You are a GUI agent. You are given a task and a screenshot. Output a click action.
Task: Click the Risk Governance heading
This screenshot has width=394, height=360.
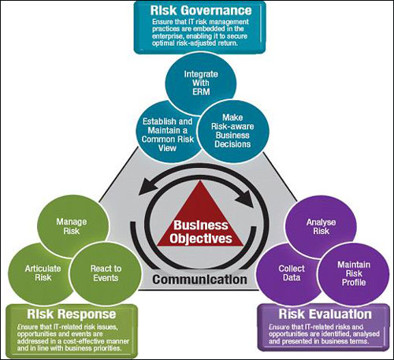click(x=201, y=10)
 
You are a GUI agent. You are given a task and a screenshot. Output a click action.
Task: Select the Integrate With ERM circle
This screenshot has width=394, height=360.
click(x=201, y=84)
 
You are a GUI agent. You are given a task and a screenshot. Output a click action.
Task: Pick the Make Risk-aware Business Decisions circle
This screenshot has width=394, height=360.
click(x=233, y=131)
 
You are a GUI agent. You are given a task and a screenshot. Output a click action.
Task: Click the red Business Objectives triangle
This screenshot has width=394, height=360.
click(x=201, y=219)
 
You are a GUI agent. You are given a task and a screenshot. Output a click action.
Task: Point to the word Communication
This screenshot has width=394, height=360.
click(x=200, y=280)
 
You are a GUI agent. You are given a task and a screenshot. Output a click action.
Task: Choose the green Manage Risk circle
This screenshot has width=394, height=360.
click(x=72, y=226)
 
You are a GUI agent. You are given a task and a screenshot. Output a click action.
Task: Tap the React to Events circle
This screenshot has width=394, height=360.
click(x=106, y=273)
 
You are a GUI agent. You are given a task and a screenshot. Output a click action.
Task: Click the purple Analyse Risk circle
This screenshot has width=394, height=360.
click(x=321, y=227)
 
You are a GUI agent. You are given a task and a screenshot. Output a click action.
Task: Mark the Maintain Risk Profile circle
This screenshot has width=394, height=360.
click(x=354, y=273)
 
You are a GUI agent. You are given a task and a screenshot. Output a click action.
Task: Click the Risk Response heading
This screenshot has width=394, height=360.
click(x=72, y=314)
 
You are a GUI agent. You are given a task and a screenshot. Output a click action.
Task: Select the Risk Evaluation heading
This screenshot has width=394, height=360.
click(x=325, y=314)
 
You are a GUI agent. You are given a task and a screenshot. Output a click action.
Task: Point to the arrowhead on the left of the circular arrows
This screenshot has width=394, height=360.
click(x=147, y=187)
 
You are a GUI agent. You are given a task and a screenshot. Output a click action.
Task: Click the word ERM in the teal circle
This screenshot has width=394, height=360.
click(x=201, y=92)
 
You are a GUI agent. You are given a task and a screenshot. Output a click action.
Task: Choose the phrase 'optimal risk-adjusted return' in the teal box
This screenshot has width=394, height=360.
click(x=195, y=43)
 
